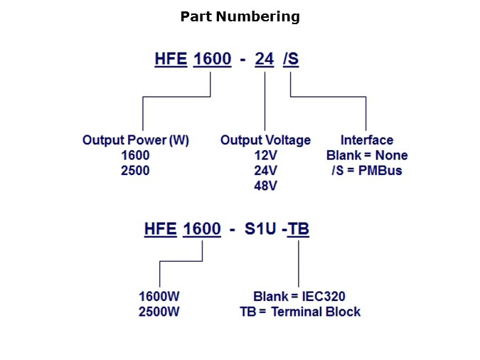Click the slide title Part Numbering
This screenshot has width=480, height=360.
pyautogui.click(x=240, y=16)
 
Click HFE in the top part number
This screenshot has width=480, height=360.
pyautogui.click(x=171, y=60)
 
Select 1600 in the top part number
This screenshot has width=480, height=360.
pyautogui.click(x=212, y=60)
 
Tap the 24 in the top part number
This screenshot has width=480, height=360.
pyautogui.click(x=264, y=60)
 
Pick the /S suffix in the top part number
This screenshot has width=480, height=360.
pyautogui.click(x=290, y=60)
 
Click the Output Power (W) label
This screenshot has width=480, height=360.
pyautogui.click(x=135, y=140)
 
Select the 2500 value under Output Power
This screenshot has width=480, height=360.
pyautogui.click(x=135, y=171)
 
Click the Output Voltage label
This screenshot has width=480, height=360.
pyautogui.click(x=265, y=140)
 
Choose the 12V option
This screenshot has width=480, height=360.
pyautogui.click(x=265, y=155)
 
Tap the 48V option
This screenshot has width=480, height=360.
pyautogui.click(x=265, y=186)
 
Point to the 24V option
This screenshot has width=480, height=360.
pyautogui.click(x=265, y=171)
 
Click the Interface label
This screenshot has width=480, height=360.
pyautogui.click(x=366, y=140)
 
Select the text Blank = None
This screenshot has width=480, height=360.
pyautogui.click(x=366, y=155)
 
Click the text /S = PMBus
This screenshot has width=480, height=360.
pyautogui.click(x=366, y=171)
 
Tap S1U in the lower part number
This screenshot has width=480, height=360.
pyautogui.click(x=260, y=230)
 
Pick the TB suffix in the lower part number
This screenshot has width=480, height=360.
pyautogui.click(x=298, y=230)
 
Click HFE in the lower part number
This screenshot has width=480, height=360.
pyautogui.click(x=160, y=230)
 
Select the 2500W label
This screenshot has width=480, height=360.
pyautogui.click(x=159, y=312)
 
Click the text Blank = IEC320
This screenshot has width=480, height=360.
pyautogui.click(x=299, y=296)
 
